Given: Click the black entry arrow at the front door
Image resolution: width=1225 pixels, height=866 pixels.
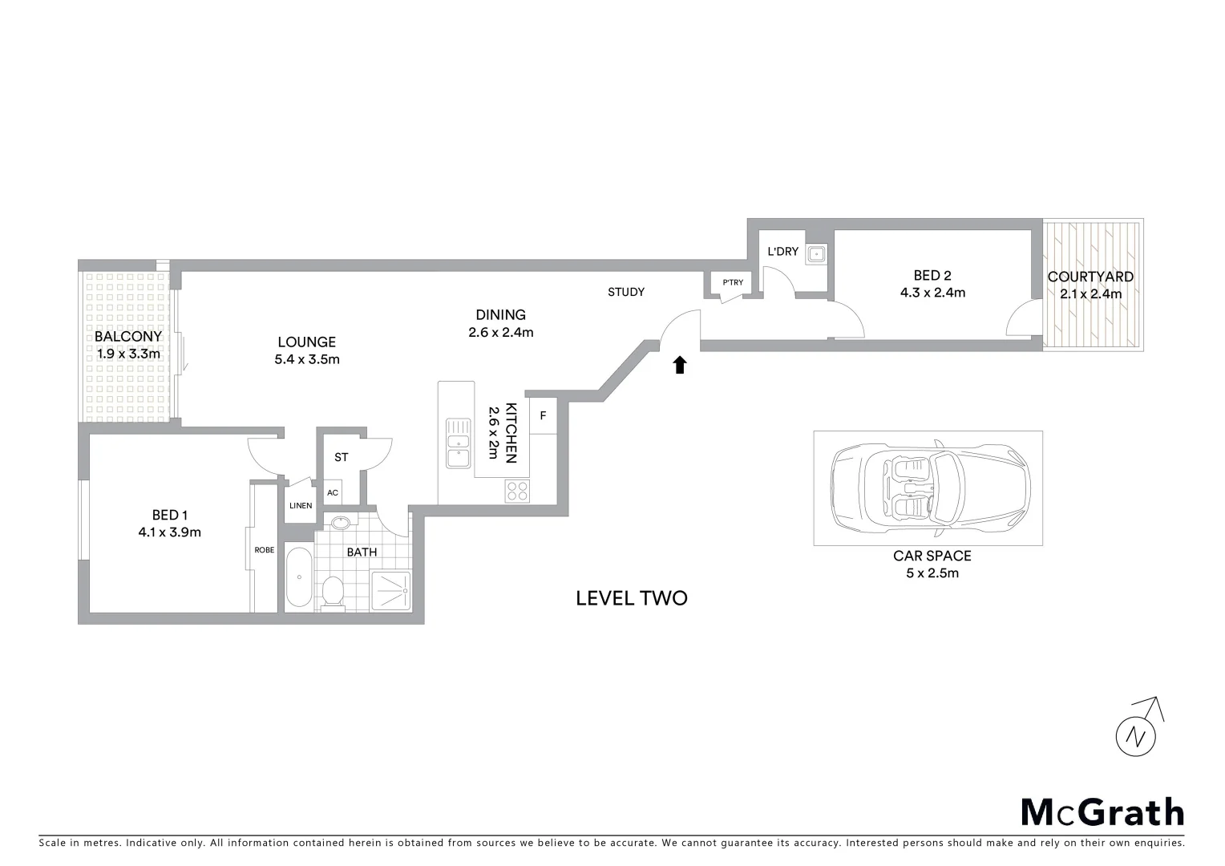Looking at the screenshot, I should pos(679,366).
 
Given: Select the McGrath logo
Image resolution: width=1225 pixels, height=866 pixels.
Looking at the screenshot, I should pos(1102,811).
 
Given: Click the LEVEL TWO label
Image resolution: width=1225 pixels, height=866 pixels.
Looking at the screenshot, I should pos(631,598).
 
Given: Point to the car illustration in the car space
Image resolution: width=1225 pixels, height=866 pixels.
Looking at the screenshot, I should pos(928,488).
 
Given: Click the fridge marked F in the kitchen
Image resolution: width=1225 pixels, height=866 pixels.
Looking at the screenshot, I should pos(543,416).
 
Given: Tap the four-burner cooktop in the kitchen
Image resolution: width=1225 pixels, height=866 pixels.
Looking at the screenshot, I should pos(517,491).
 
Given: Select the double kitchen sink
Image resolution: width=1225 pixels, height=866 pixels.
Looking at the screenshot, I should pos(458,443).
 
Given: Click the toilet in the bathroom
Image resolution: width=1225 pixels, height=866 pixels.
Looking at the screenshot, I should pos(332,593).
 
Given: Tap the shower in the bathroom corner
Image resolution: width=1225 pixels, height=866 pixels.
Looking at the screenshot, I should pos(391,591).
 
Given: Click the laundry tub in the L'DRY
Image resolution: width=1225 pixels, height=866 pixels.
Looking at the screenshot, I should pos(816,254).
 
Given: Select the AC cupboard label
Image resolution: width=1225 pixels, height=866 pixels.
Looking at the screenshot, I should pos(333,492).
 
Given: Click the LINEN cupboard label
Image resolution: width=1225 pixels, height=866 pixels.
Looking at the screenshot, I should pos(301,506).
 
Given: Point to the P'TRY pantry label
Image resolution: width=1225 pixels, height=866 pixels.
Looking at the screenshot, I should pos(733,282).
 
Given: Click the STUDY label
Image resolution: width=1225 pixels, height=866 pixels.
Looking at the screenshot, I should pos(625,292).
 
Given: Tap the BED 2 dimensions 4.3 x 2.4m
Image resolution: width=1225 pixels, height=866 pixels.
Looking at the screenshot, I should pos(932,293).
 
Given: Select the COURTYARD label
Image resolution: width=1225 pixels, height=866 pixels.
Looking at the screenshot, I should pos(1090,277).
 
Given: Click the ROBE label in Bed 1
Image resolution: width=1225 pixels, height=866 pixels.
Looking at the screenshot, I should pos(264,550).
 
